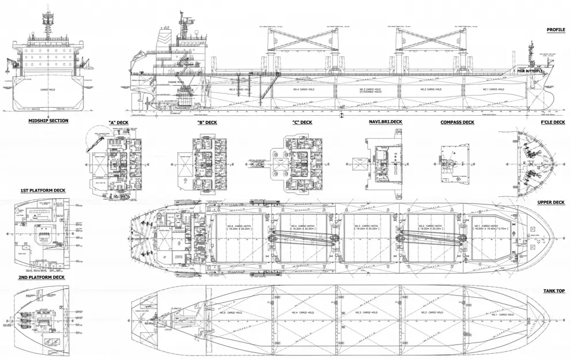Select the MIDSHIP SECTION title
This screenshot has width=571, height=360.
(x=48, y=120)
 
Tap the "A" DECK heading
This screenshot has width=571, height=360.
(x=117, y=122)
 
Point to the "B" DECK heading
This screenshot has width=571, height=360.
(x=207, y=122)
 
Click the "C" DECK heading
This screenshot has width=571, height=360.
(x=302, y=122)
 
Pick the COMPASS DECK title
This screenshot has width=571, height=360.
(x=457, y=122)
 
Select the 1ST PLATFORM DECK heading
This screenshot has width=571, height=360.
(x=42, y=191)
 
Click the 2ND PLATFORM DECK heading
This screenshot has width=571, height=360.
(x=42, y=277)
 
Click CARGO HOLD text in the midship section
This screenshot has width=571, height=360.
(x=47, y=90)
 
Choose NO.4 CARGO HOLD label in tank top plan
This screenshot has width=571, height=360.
(x=297, y=313)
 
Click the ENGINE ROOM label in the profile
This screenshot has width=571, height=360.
(x=176, y=83)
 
